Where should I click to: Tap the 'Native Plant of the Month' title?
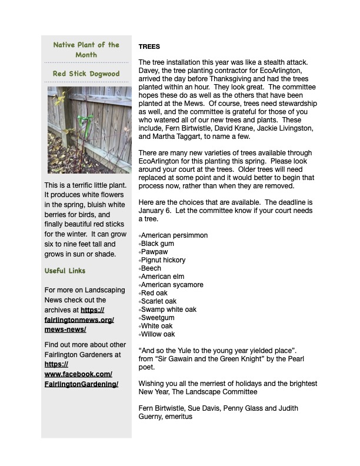86,49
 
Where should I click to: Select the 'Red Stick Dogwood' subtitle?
86,74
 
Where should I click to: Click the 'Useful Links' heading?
65,271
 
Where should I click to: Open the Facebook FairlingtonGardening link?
81,374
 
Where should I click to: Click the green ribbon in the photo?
89,122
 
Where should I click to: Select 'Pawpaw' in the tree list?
154,252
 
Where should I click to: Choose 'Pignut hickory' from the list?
164,260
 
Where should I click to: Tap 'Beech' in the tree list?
151,268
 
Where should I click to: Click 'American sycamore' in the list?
172,285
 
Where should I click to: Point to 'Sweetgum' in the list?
158,318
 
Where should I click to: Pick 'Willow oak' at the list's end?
158,334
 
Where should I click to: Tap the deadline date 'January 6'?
155,211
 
